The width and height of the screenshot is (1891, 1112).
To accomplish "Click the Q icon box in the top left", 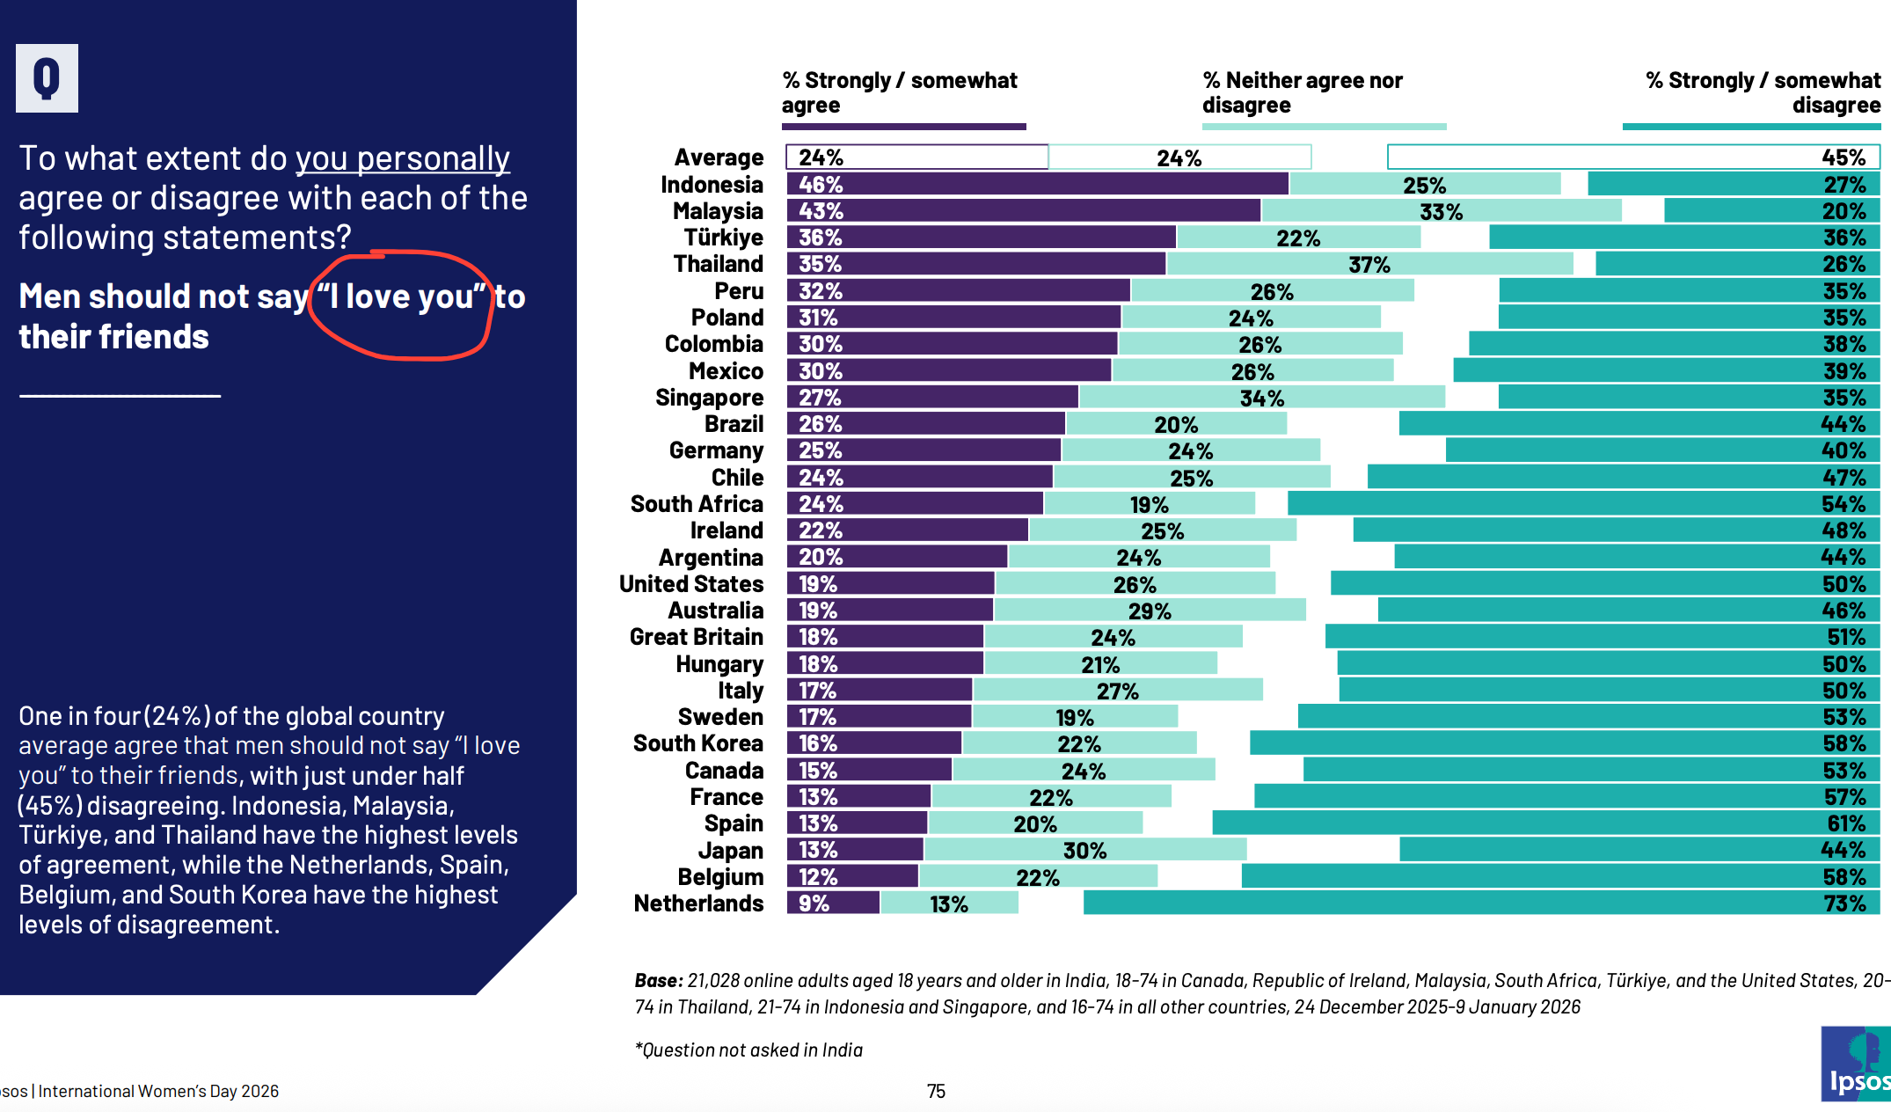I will pos(47,78).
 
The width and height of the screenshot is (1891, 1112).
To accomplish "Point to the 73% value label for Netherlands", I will pos(1844,903).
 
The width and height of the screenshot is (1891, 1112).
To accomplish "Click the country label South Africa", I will pos(697,504).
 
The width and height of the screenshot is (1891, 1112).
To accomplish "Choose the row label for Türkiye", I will pos(723,238).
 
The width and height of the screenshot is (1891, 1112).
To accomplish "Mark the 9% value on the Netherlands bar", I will pos(814,903).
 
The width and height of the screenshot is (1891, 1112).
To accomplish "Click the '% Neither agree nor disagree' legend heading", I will pos(1302,92).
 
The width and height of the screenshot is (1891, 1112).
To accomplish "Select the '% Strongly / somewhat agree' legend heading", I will pos(899,92).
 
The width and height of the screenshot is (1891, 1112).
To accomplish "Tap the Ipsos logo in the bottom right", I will pos(1856,1064).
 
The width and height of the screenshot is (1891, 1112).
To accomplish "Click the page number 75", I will pos(936,1092).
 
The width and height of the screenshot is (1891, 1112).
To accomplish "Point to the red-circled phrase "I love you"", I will pos(401,297).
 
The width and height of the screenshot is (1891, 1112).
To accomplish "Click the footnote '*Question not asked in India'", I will pos(748,1050).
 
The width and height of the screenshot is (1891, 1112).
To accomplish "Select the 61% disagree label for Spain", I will pos(1845,823).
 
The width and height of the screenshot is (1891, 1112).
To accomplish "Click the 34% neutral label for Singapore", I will pos(1261,399).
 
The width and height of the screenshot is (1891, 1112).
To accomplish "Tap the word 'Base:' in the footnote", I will pos(658,980).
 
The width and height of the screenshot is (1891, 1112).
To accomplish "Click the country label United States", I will pos(691,584).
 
